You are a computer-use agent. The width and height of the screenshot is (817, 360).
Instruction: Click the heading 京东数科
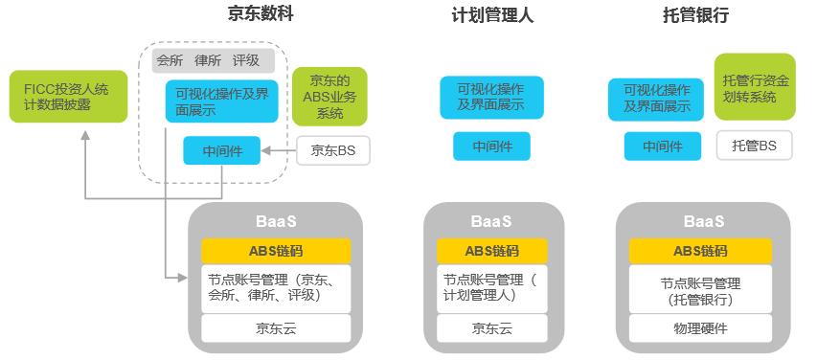click(261, 14)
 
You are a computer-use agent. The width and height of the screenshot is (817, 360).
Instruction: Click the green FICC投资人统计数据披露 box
click(55, 96)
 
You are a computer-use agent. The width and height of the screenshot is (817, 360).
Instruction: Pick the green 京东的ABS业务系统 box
click(329, 96)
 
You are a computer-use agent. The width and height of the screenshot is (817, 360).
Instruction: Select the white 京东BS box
click(333, 150)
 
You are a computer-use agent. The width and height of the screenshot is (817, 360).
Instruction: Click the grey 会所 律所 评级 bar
click(213, 60)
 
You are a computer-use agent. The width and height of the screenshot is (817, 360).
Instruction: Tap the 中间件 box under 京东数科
click(221, 150)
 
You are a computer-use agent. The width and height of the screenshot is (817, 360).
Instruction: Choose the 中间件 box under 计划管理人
click(491, 146)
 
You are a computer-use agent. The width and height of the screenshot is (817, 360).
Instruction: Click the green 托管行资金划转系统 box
click(755, 86)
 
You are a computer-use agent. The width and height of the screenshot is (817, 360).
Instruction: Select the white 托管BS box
click(755, 146)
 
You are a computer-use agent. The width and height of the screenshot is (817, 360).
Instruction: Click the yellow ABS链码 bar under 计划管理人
click(491, 251)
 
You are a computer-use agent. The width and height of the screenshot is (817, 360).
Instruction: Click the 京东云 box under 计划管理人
click(491, 328)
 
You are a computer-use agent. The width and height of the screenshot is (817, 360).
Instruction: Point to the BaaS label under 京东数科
click(276, 221)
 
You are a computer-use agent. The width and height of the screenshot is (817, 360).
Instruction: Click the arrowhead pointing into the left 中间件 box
click(267, 150)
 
